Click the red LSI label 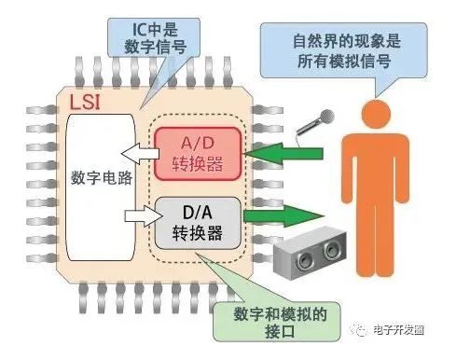click(x=85, y=103)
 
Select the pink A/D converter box click(x=198, y=154)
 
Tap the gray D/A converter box click(x=198, y=223)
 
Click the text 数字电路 click(x=102, y=178)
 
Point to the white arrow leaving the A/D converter click(x=140, y=153)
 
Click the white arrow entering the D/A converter click(x=145, y=215)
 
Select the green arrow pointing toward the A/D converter click(x=283, y=153)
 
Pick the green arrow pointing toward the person click(x=283, y=215)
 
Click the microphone click(x=314, y=123)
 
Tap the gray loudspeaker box click(x=310, y=253)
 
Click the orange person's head click(x=376, y=114)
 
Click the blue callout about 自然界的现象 click(x=344, y=50)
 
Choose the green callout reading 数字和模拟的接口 click(x=277, y=322)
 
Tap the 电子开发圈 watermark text click(x=399, y=329)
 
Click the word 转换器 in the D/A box click(x=198, y=232)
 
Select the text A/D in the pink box click(x=198, y=144)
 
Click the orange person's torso click(x=376, y=168)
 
